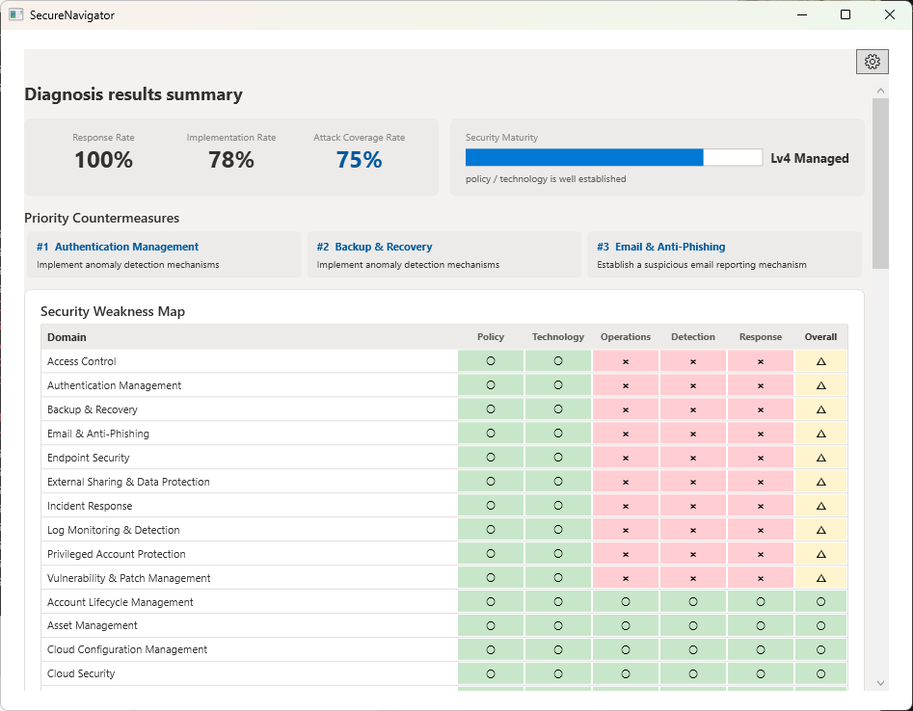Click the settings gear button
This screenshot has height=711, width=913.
872,62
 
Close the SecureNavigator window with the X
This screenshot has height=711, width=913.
889,14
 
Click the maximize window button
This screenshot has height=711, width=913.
846,14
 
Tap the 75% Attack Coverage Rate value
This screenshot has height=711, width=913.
359,160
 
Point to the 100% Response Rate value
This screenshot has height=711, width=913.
103,160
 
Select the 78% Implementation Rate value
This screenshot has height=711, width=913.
231,160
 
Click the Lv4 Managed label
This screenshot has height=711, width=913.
809,158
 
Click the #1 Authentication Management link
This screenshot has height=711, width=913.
118,247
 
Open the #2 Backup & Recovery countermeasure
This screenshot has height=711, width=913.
374,247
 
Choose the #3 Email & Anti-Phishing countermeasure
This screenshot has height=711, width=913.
660,247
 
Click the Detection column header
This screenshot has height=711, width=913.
693,337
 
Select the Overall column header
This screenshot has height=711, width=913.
820,337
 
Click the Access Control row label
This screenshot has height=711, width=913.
82,361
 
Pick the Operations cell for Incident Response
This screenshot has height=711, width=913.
626,506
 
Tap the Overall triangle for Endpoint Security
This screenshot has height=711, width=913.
820,458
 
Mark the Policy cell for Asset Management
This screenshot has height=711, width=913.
491,625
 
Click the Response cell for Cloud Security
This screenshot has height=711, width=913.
761,673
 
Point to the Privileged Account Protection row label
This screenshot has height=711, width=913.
116,554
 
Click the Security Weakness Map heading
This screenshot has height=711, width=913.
113,311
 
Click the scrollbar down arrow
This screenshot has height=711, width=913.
880,683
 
